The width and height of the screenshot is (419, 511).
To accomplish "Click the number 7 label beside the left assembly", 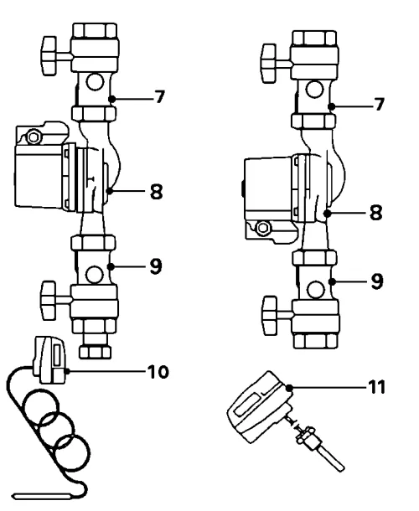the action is [159, 97].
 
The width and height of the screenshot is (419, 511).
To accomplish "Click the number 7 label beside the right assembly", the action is [379, 105].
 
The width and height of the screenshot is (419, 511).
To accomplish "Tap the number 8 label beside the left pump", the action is [156, 191].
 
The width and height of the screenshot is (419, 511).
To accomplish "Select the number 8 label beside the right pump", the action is [376, 213].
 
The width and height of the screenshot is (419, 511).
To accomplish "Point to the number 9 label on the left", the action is [156, 266].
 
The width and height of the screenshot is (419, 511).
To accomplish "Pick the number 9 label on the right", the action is [377, 281].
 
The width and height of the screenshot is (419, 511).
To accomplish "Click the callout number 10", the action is [158, 371].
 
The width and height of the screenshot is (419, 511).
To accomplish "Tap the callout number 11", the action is [377, 387].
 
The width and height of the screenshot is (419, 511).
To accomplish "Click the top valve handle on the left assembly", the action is [49, 56].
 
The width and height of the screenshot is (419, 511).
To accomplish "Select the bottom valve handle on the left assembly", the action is [49, 301].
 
